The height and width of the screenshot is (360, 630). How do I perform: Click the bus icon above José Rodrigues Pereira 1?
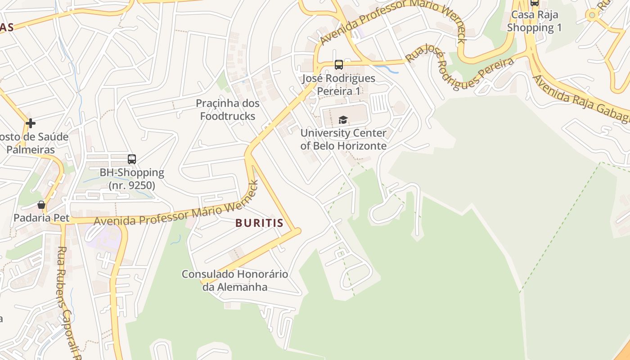339,65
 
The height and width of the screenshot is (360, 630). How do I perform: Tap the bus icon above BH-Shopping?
132,159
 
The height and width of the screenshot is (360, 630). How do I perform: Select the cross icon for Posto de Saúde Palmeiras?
31,123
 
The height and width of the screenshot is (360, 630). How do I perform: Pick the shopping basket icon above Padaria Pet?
41,205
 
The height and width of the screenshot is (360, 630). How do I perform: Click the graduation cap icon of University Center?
343,120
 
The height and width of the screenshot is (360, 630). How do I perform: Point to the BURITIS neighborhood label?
260,223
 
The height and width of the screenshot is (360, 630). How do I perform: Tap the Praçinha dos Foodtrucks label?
228,110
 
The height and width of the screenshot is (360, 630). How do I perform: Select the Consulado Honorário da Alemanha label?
235,280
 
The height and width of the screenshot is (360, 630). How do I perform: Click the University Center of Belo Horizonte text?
343,139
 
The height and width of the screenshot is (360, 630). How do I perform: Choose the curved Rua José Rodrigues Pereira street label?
459,70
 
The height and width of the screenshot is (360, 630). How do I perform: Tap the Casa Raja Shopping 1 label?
535,21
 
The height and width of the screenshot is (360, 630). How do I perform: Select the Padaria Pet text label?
41,218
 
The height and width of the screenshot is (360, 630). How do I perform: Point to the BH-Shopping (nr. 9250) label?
132,179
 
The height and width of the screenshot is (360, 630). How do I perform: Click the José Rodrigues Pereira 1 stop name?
339,85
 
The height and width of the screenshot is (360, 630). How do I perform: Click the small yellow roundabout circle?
592,15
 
